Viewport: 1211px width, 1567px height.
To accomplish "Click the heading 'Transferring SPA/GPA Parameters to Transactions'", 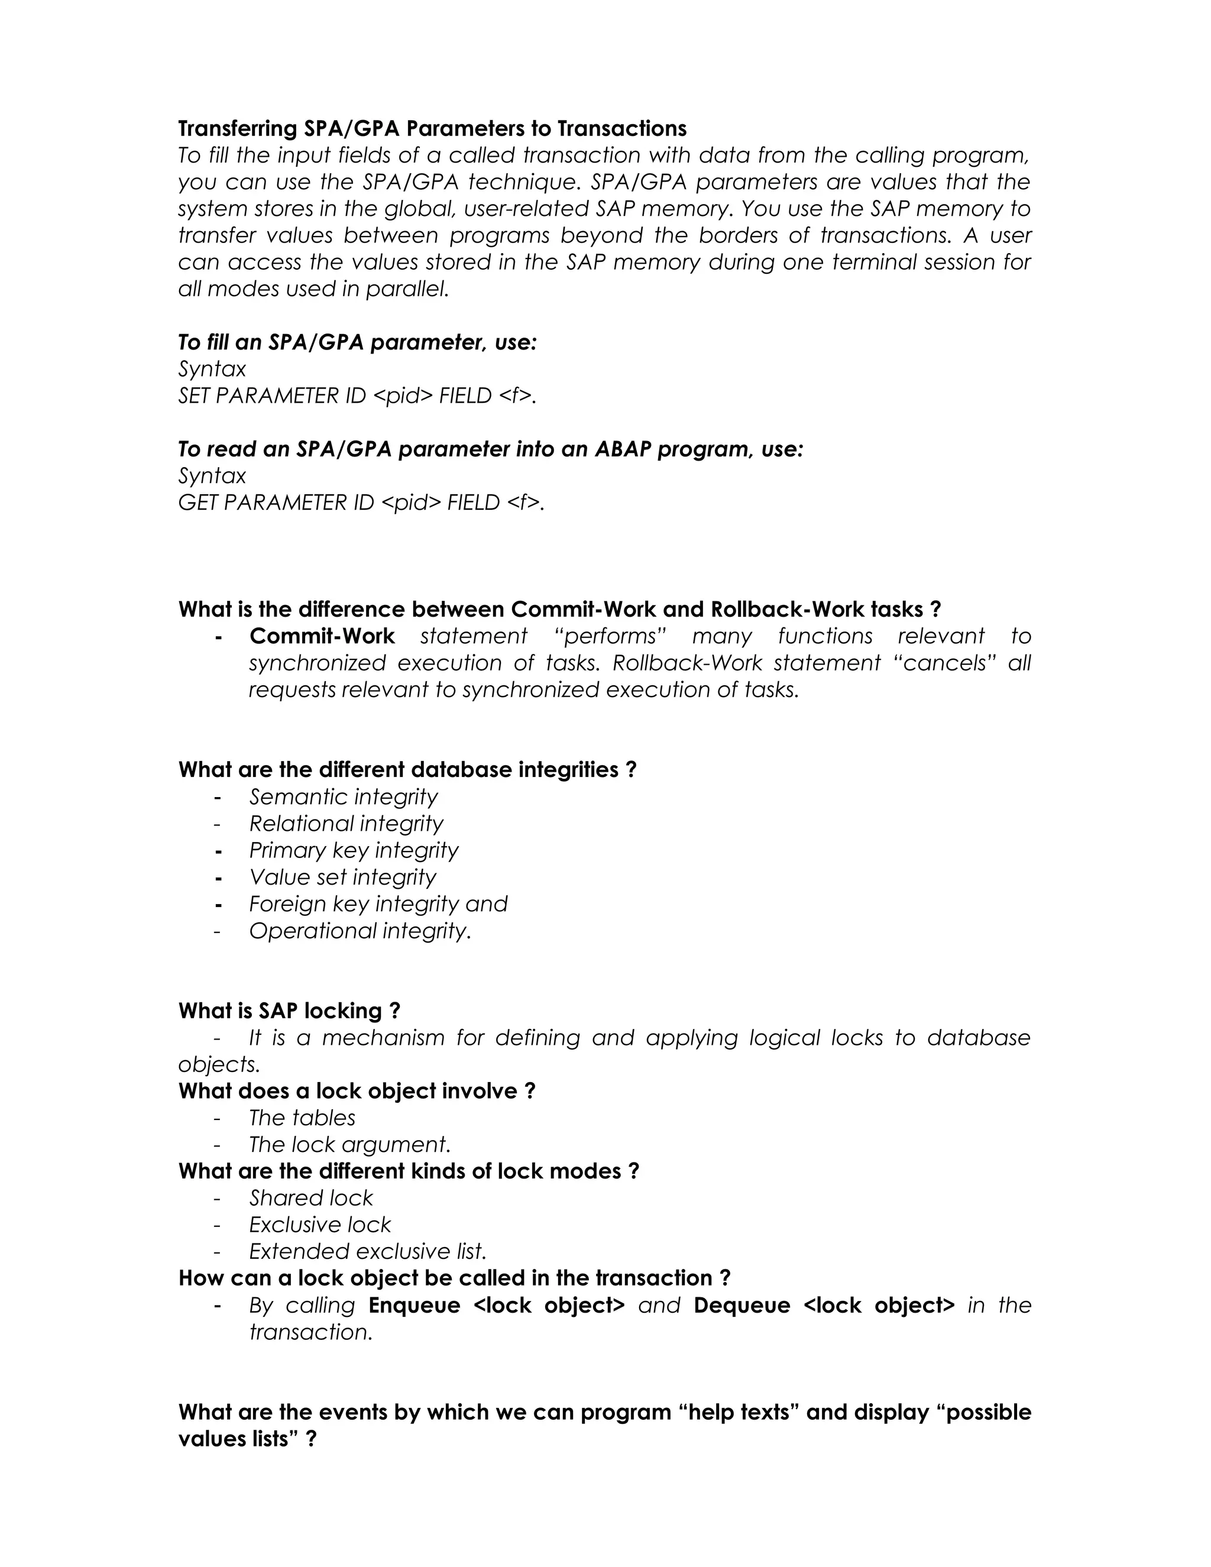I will coord(432,128).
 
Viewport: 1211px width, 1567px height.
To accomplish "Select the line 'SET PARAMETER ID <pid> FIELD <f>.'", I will coord(357,396).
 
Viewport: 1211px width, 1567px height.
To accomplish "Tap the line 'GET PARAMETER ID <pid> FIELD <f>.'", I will coord(361,502).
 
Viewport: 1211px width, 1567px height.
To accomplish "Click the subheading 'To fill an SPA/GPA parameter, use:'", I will coord(357,342).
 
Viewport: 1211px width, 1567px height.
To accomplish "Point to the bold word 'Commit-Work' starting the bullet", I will coord(322,636).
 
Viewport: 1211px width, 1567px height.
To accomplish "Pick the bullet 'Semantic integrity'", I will coord(343,797).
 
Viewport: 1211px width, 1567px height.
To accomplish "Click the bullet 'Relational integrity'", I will coord(346,823).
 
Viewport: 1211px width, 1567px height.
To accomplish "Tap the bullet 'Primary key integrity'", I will coord(353,850).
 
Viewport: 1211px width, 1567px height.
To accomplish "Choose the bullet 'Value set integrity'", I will coord(342,877).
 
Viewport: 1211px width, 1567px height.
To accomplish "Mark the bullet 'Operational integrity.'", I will coord(360,931).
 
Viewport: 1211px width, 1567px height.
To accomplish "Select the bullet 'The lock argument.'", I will coord(349,1144).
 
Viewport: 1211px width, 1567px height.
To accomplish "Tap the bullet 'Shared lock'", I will coord(310,1197).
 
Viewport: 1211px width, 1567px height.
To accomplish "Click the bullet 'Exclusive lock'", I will coord(320,1224).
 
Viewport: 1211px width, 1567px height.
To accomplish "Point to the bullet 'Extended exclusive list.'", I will coord(367,1251).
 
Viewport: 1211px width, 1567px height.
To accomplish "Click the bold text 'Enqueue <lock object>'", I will coord(497,1304).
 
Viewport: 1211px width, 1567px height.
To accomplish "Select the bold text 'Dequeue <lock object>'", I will coord(824,1304).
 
